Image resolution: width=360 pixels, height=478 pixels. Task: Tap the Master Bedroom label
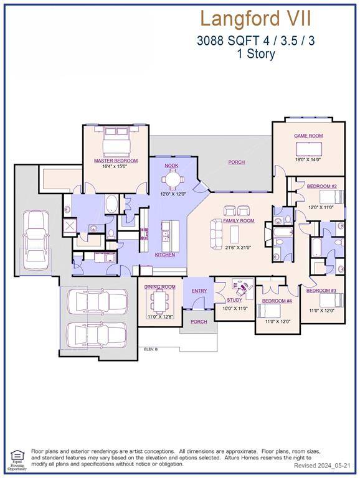[116, 161]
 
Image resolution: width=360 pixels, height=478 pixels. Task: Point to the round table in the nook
[171, 180]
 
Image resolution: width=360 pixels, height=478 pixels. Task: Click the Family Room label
[239, 220]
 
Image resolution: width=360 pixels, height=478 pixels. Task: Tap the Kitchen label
[165, 255]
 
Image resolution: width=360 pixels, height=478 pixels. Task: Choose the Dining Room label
[160, 287]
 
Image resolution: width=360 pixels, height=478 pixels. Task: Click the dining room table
[160, 302]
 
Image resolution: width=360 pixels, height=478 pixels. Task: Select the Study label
[235, 300]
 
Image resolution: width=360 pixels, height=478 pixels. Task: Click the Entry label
[199, 291]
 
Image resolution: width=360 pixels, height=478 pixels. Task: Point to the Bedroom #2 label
[322, 187]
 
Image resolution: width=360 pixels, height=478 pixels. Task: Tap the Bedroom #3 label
[321, 291]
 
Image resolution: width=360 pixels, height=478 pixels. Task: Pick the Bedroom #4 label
[277, 301]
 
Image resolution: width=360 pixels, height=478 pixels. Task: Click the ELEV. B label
[151, 349]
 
